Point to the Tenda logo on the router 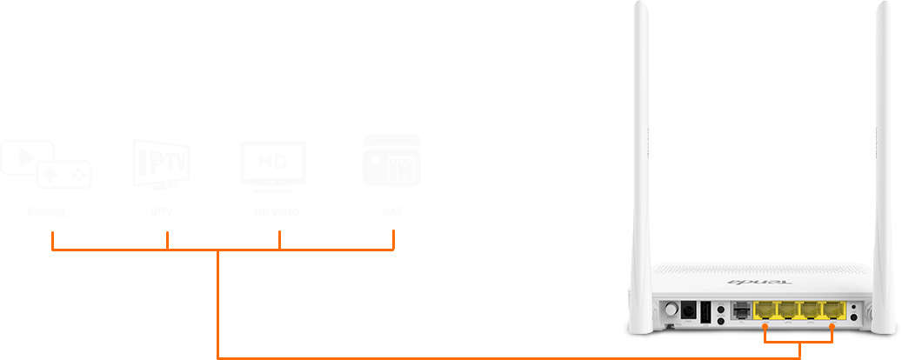745,283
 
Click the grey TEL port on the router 741,310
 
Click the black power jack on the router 688,310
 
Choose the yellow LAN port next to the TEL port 766,310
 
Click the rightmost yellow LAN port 832,310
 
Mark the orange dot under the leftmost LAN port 765,325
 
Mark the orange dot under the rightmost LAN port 832,325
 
